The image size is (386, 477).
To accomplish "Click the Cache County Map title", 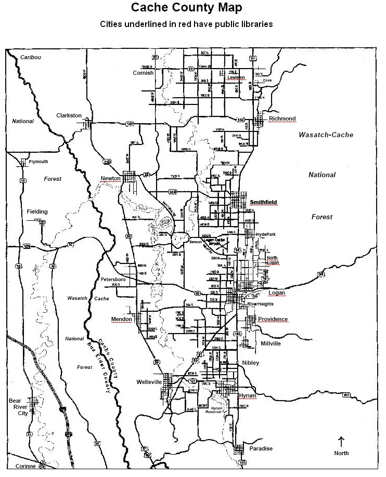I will point(186,8).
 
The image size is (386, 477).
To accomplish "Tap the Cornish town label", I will point(143,73).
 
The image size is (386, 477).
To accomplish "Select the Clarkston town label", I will point(69,115).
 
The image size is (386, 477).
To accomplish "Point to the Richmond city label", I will point(282,119).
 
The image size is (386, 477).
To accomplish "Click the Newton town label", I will point(110,179).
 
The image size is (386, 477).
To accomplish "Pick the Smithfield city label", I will point(263,202).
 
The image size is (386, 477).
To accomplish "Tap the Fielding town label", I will point(37,211).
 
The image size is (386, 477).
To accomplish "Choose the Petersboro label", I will point(113,279).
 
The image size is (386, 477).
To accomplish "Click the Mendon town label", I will point(121,319).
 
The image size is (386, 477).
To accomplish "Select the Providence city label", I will point(273,319).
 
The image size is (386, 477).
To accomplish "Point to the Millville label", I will point(271,343).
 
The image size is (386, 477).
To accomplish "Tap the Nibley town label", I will point(250,362).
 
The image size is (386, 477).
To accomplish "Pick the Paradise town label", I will point(261,448).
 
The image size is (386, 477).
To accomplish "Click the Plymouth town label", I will point(38,162).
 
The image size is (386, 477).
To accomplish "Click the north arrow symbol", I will point(341,442).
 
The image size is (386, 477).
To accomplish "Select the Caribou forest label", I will point(30,57).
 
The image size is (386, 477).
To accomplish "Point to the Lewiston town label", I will point(236,77).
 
